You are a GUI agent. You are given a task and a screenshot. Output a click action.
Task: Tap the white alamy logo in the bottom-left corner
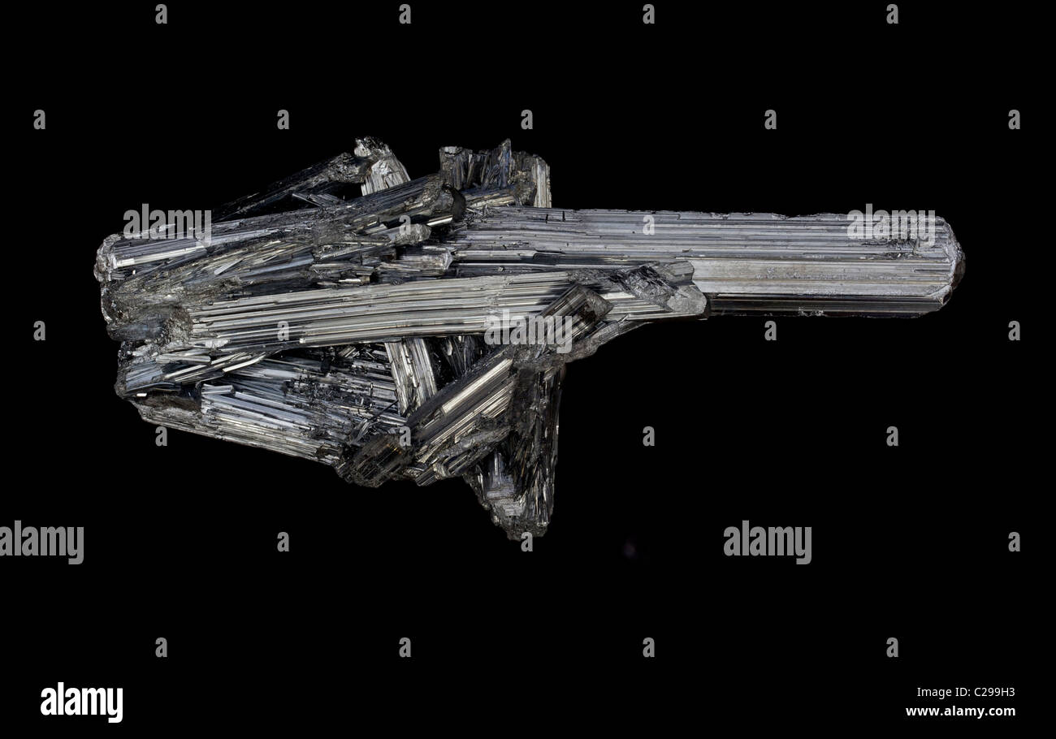click(81, 702)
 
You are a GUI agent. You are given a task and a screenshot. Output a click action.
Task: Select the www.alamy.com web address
click(960, 711)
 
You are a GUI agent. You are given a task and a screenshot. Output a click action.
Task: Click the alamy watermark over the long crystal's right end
click(891, 225)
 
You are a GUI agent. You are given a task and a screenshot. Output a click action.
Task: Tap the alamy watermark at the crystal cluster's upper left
click(167, 225)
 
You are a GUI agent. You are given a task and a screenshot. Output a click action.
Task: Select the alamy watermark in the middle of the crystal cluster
click(529, 331)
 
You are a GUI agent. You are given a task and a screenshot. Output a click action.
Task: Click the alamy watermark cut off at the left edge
click(41, 542)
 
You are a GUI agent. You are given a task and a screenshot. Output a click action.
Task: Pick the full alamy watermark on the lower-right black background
click(768, 542)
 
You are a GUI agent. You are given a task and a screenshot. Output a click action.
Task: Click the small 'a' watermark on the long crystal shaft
click(649, 225)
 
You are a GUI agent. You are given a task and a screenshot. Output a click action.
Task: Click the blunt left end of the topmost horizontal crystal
click(106, 259)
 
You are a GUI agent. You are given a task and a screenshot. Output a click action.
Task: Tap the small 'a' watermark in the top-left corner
click(161, 14)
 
